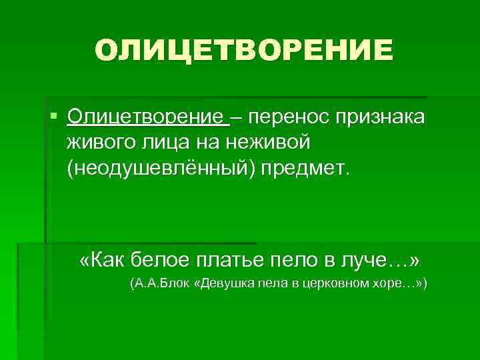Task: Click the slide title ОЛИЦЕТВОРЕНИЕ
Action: point(244,50)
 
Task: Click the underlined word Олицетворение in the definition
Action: point(146,117)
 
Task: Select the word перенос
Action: point(282,117)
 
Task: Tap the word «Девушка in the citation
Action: point(223,284)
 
